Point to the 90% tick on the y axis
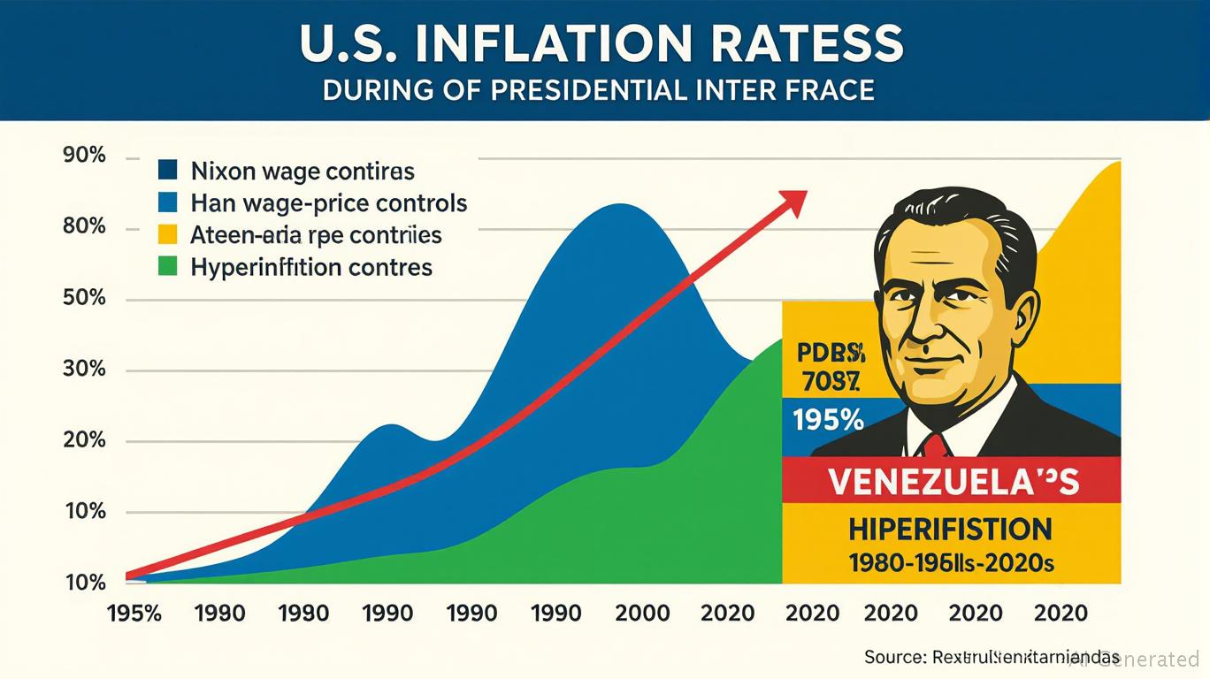pos(85,156)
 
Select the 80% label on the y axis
pos(85,227)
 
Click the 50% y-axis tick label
pos(85,298)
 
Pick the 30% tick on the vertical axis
pos(85,369)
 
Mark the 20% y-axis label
pos(85,440)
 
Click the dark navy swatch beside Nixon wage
pos(167,170)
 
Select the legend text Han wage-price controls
pos(328,202)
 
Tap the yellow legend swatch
pos(167,234)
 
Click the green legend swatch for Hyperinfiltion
pos(167,266)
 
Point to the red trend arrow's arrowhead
pos(793,201)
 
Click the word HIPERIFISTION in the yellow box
pos(950,529)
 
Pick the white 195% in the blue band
pos(828,420)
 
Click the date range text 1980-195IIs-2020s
pos(950,563)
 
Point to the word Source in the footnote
pos(892,657)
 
